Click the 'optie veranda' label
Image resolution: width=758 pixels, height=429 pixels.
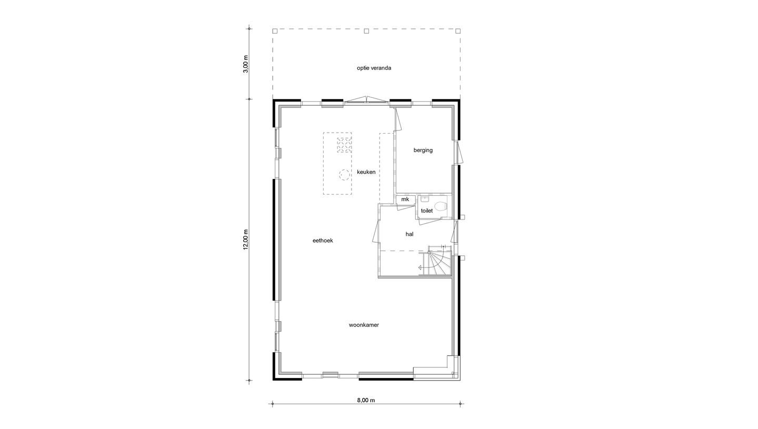click(374, 68)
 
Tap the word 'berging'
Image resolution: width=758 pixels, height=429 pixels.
click(423, 150)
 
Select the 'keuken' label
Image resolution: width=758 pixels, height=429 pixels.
click(366, 172)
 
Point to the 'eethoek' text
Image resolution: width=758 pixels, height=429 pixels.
click(323, 241)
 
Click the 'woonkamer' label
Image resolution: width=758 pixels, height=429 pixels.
click(364, 325)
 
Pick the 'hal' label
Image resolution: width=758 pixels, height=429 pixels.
click(409, 234)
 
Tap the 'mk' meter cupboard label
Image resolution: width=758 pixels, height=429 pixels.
click(405, 199)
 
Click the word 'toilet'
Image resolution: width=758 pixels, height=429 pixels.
click(426, 211)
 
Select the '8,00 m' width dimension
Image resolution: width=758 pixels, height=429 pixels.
click(366, 400)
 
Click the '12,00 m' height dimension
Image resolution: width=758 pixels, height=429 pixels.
click(245, 240)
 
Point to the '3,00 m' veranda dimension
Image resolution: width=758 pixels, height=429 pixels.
click(245, 64)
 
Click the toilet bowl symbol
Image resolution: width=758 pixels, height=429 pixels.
click(441, 206)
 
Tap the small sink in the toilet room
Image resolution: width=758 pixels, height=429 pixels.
click(424, 199)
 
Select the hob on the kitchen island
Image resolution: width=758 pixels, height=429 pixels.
click(344, 145)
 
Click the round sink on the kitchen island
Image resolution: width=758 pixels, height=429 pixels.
click(344, 175)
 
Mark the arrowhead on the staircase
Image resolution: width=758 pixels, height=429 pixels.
click(421, 268)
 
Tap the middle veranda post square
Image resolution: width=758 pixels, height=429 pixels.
click(366, 31)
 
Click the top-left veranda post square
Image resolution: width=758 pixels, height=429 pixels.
click(275, 31)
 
